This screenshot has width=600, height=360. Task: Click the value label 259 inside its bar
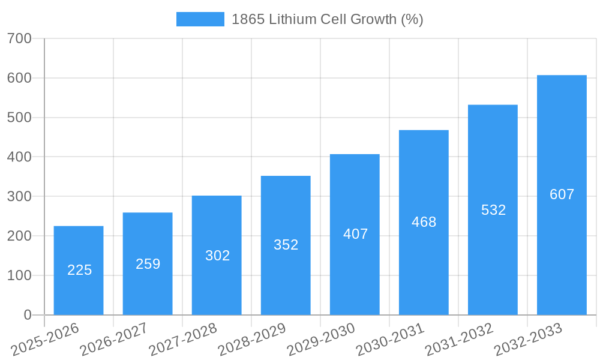click(x=148, y=264)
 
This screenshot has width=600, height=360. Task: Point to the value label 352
click(x=286, y=245)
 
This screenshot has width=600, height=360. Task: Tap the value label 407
click(x=355, y=234)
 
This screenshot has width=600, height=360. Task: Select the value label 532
click(x=493, y=210)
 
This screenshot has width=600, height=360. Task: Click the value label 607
click(x=562, y=194)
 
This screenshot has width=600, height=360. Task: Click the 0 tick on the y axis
click(x=28, y=315)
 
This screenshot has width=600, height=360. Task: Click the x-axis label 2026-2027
click(x=114, y=339)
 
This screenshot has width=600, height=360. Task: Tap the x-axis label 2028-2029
click(x=252, y=339)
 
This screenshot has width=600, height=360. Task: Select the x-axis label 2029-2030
click(x=321, y=339)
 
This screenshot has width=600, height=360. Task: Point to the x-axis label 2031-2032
click(x=459, y=339)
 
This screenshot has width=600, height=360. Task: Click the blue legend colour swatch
click(x=200, y=19)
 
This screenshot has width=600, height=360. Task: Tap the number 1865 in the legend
click(x=248, y=19)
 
